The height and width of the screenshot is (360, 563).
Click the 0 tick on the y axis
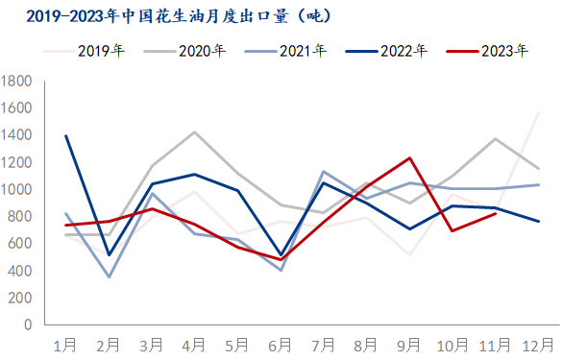pos(30,324)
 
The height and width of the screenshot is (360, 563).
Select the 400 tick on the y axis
pos(21,271)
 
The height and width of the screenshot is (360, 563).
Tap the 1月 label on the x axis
pos(65,344)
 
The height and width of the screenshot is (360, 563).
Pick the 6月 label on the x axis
pos(281,344)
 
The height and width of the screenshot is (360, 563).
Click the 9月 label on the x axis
pos(410,344)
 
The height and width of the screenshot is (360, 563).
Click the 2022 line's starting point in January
pos(65,136)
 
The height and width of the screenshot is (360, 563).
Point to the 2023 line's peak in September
pos(410,158)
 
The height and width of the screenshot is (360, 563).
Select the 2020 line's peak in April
pos(195,132)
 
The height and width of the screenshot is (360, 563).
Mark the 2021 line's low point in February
pos(109,277)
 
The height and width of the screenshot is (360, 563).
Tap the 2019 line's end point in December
pos(539,113)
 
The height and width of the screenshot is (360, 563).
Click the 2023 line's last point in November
pos(496,213)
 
